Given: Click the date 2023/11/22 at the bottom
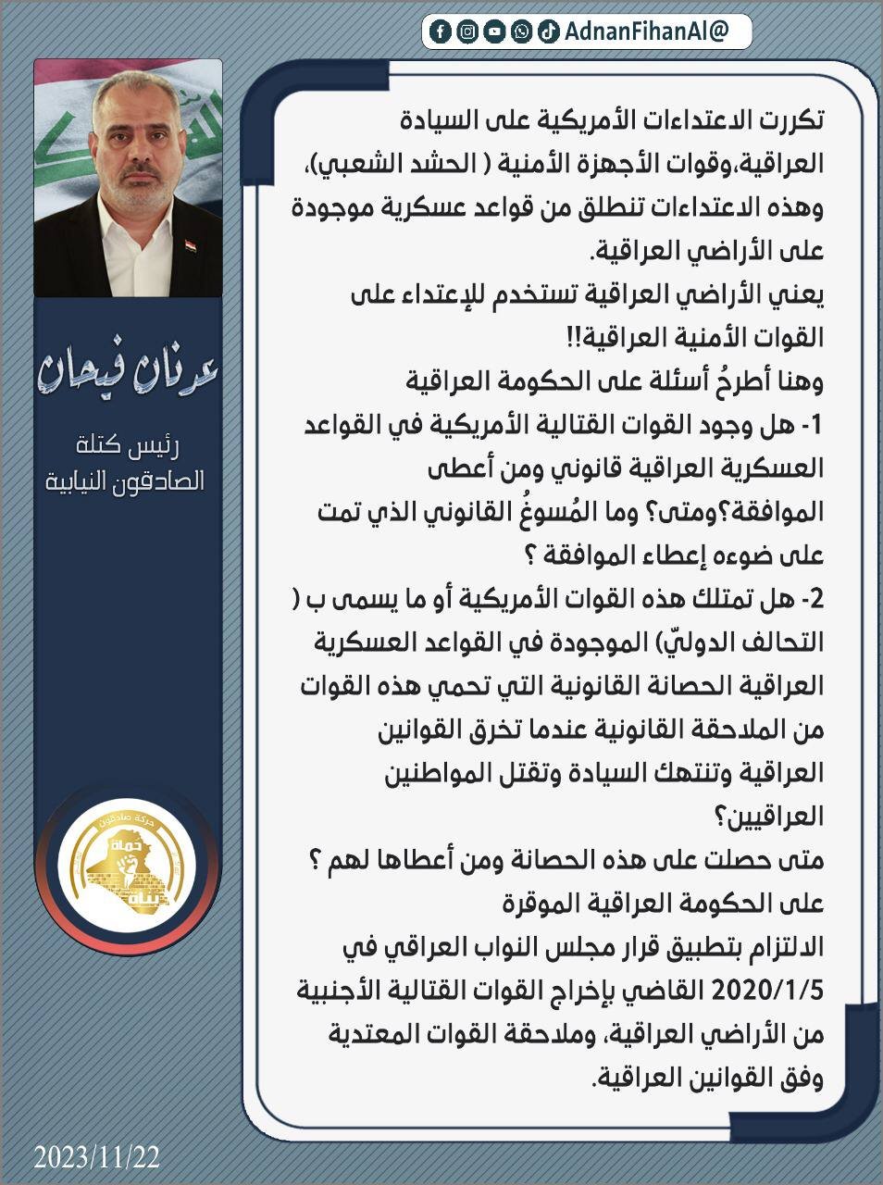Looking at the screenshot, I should pos(97,1156).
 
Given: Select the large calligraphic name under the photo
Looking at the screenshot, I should pos(127,369).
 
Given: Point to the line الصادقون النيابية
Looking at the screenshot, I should pos(127,481).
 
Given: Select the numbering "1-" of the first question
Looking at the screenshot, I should pos(813,426).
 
